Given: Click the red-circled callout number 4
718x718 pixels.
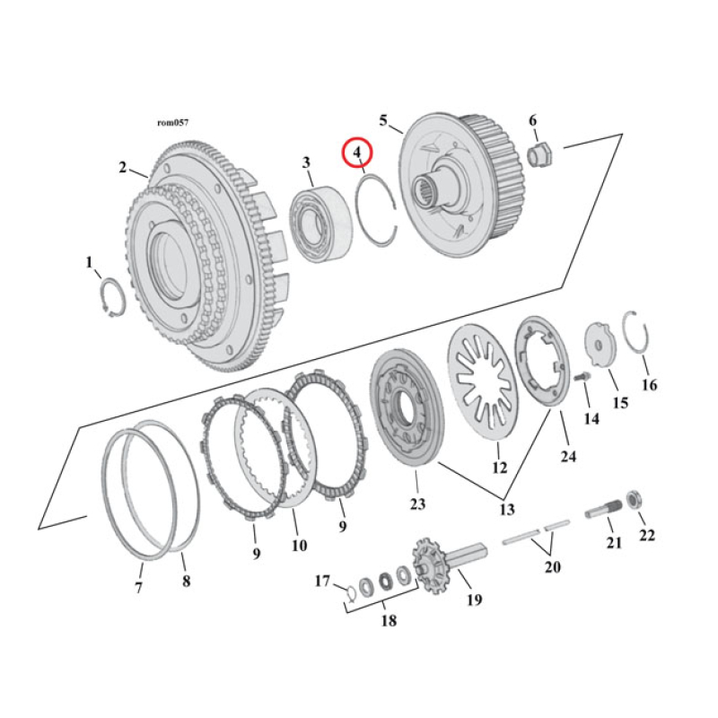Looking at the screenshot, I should (357, 153).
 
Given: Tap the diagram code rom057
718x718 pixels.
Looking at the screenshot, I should (172, 123).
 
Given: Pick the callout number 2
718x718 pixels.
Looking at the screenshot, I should (122, 167).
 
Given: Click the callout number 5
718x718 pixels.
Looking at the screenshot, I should (383, 120).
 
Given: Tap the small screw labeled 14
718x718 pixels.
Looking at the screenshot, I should (580, 379).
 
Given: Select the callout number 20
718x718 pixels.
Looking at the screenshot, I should (553, 566).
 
